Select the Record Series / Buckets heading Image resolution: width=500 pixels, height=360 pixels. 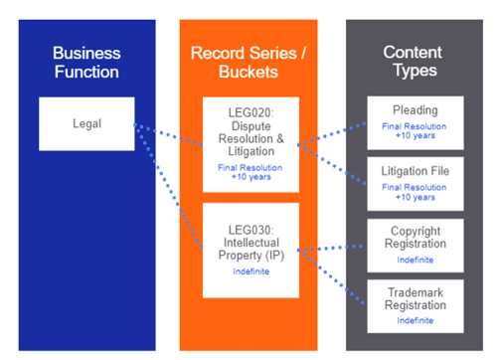point(250,62)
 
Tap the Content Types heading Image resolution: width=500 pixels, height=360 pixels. point(416,62)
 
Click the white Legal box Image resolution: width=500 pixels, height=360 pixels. point(88,123)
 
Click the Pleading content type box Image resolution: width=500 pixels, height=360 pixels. point(416,121)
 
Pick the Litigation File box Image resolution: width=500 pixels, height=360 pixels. point(416,181)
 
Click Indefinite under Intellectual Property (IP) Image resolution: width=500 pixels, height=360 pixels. point(250,270)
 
